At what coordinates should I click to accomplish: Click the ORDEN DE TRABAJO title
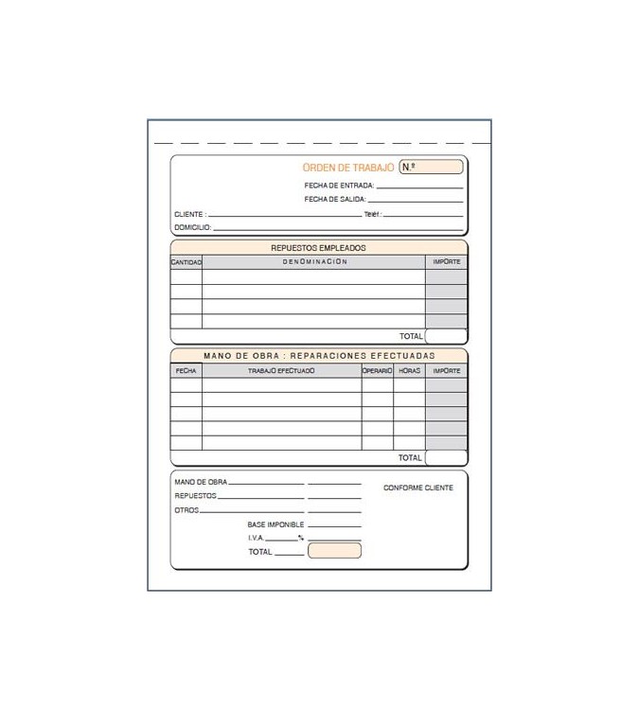pos(347,168)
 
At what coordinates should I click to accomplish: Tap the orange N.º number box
pos(431,168)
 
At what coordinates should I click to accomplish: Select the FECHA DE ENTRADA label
pos(339,186)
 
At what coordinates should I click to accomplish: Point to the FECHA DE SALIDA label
pos(335,200)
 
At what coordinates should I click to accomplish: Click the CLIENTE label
pos(189,215)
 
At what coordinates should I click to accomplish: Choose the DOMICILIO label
pos(192,228)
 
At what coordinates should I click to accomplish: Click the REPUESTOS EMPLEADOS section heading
pos(318,248)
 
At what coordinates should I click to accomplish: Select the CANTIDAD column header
pos(186,262)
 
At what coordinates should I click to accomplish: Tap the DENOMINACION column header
pos(314,262)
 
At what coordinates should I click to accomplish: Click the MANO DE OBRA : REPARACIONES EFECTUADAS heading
pos(319,356)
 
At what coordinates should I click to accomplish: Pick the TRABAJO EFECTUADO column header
pos(281,371)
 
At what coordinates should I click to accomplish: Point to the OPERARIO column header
pos(377,371)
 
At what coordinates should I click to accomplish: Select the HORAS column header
pos(409,371)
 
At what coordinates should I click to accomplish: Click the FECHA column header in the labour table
pos(186,371)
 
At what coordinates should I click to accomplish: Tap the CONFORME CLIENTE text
pos(418,488)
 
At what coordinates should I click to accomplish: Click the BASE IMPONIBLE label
pos(275,524)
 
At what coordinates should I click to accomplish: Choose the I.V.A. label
pos(257,538)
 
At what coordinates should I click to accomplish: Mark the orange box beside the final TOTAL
pos(334,551)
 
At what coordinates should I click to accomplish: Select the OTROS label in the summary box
pos(186,510)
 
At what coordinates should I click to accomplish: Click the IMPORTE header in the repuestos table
pos(446,262)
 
